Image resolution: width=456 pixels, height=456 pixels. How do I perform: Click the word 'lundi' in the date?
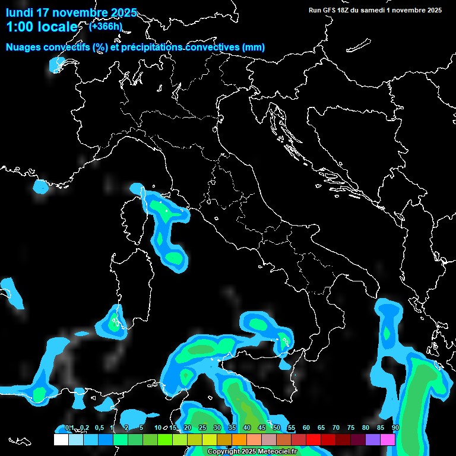[20, 12]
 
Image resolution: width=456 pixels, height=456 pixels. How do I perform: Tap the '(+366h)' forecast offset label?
[105, 26]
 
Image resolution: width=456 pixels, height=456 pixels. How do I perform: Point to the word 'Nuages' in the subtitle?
[25, 47]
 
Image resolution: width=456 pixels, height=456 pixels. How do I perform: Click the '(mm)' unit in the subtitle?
[253, 47]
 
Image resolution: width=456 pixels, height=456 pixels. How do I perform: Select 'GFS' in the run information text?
[330, 10]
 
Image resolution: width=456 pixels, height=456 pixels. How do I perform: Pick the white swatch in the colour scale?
[61, 439]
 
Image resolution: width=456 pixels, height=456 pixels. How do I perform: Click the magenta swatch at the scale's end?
[388, 439]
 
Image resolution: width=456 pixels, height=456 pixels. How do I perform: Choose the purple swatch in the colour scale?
[373, 439]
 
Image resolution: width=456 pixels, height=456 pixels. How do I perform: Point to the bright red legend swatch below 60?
[313, 439]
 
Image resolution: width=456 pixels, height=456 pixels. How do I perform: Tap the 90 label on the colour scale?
[395, 427]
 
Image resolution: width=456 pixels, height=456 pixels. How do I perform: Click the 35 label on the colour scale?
[232, 427]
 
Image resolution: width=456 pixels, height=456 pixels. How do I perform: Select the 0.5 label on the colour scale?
[99, 427]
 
